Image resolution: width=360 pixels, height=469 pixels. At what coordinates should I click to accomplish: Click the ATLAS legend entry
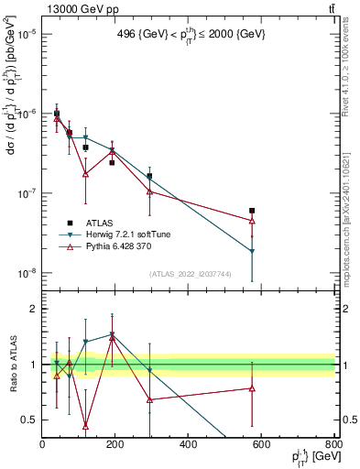[87, 223]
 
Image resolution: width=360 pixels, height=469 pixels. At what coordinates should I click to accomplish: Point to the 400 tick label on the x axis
[189, 444]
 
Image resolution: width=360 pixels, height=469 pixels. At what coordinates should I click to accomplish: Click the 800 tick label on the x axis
[333, 444]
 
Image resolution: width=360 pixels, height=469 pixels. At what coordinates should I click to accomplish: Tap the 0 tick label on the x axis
[43, 444]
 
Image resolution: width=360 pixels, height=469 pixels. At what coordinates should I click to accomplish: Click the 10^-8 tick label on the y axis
[26, 273]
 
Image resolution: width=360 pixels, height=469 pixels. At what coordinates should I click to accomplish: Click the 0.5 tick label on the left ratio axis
[29, 420]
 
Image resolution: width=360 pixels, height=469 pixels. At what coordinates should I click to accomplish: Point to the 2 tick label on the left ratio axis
[33, 309]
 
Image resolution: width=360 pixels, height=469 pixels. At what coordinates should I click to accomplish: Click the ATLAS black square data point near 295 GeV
[149, 176]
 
